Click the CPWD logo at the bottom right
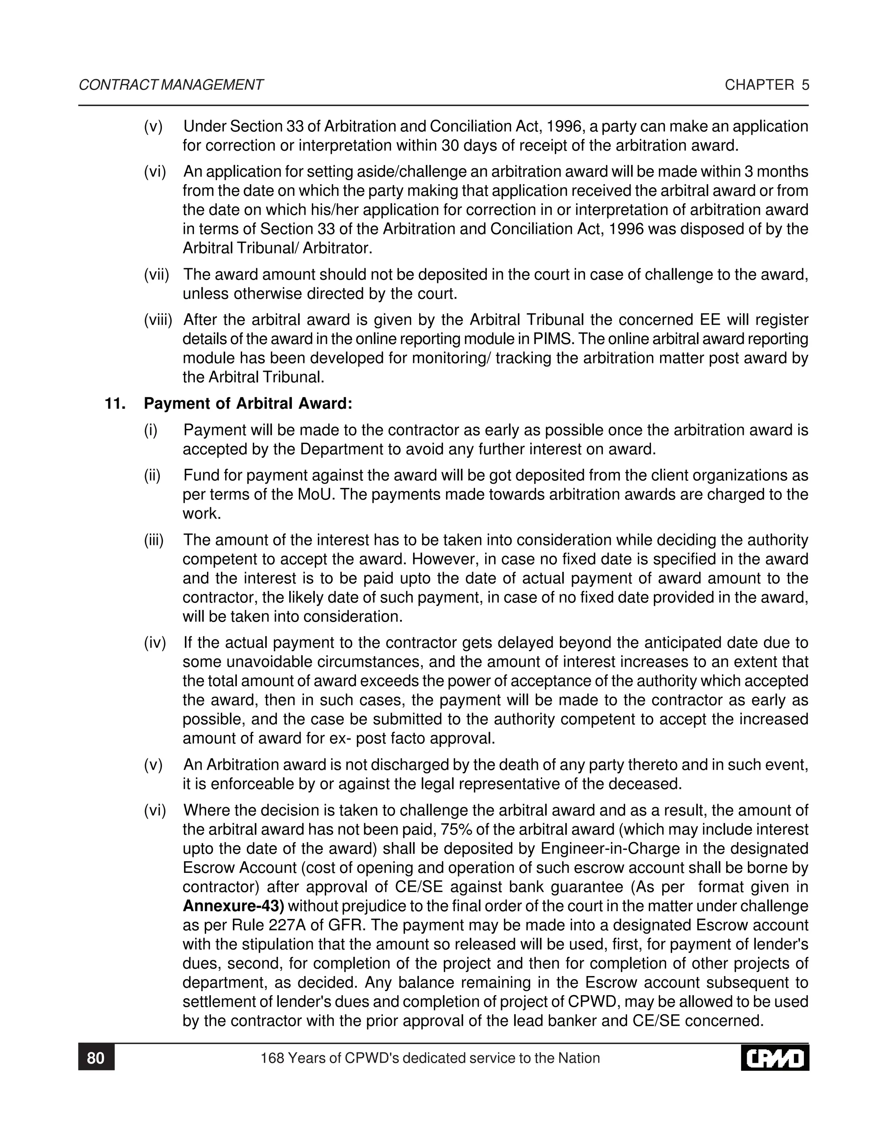click(x=774, y=1058)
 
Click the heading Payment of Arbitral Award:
click(x=248, y=404)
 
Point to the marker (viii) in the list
click(x=158, y=320)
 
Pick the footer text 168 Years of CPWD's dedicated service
click(x=430, y=1058)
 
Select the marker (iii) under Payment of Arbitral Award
click(x=154, y=540)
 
